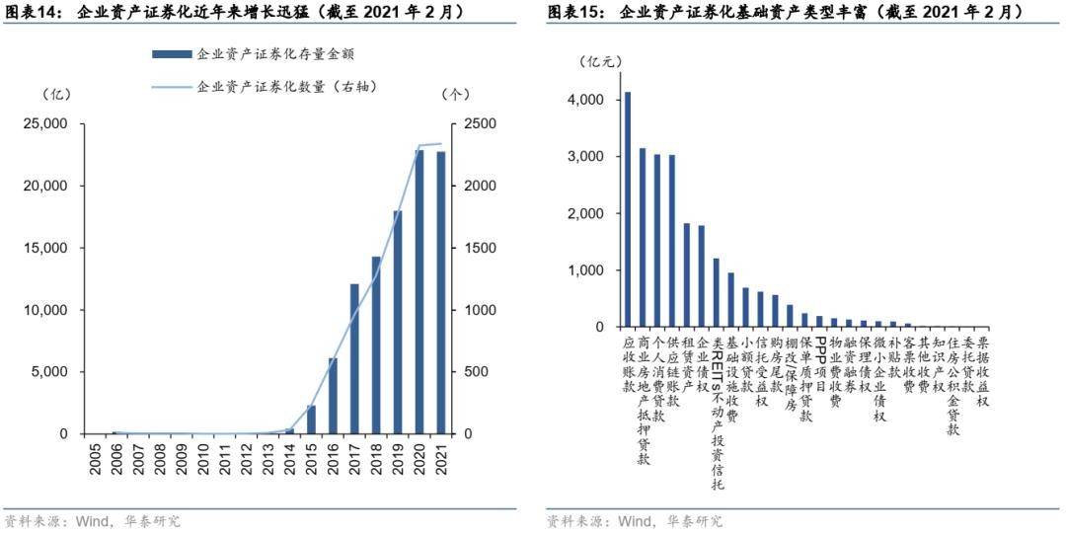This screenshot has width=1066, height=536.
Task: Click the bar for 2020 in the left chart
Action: tap(419, 292)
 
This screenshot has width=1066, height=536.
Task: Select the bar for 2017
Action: tap(354, 358)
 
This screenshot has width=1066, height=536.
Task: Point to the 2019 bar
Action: tap(398, 322)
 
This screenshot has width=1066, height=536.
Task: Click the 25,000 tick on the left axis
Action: tap(46, 124)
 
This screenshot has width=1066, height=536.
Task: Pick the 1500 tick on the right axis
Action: tap(471, 248)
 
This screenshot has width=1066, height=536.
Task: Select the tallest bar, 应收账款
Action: tap(628, 209)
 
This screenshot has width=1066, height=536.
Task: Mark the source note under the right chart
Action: tap(634, 521)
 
